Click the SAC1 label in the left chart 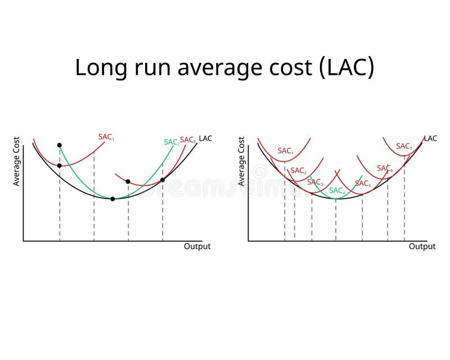[106, 137]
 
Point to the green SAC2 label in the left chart [171, 142]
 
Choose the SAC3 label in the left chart [187, 139]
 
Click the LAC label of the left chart [205, 138]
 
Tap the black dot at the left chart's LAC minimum [112, 199]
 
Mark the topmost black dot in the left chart [59, 145]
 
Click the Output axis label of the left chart [197, 246]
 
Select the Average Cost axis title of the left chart [16, 161]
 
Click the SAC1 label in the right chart [285, 151]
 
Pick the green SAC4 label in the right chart [336, 191]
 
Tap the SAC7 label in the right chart [403, 146]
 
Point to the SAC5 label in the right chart [363, 183]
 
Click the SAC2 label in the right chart [298, 170]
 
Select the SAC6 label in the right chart [385, 168]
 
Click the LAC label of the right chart [430, 138]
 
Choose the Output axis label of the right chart [422, 246]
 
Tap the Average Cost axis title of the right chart [241, 161]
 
